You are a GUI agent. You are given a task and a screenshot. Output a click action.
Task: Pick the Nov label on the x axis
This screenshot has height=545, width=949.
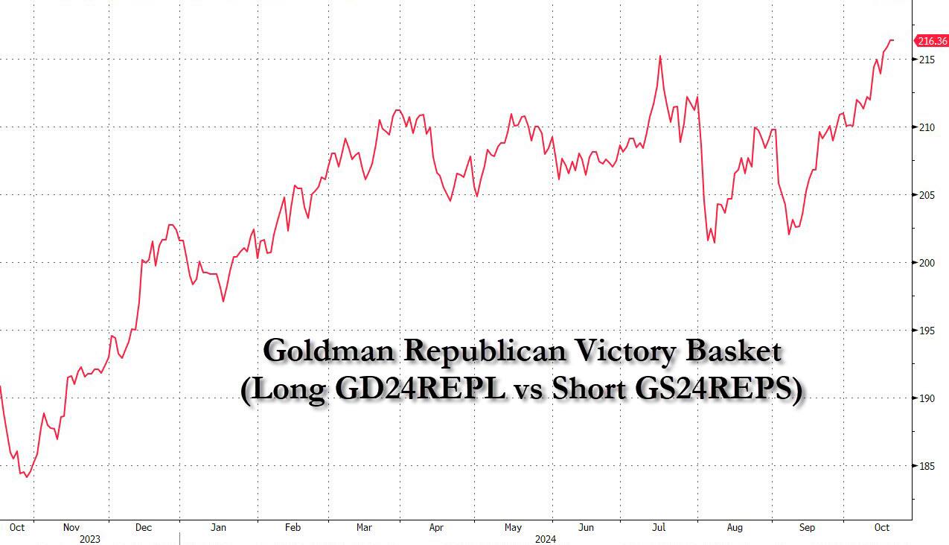point(71,527)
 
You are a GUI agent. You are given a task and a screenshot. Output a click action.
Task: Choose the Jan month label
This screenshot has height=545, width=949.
point(218,527)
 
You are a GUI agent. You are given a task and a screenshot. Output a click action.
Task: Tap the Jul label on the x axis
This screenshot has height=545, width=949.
point(659,527)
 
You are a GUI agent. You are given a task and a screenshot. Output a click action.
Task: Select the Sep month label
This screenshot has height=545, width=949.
point(807,527)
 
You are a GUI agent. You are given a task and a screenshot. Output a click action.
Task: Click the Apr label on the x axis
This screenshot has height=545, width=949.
point(436,527)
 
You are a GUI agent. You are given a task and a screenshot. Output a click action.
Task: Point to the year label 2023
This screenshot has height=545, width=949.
point(89,538)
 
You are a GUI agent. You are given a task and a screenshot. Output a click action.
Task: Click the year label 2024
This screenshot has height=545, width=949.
point(545,538)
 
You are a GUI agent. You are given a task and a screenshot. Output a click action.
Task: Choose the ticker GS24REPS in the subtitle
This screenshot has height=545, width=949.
point(718,391)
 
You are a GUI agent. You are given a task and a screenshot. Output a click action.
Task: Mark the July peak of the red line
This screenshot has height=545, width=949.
point(659,56)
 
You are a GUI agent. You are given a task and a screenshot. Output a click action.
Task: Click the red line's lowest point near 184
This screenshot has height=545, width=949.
point(27,477)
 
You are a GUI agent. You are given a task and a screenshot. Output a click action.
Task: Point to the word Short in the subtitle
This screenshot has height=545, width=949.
point(589,391)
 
